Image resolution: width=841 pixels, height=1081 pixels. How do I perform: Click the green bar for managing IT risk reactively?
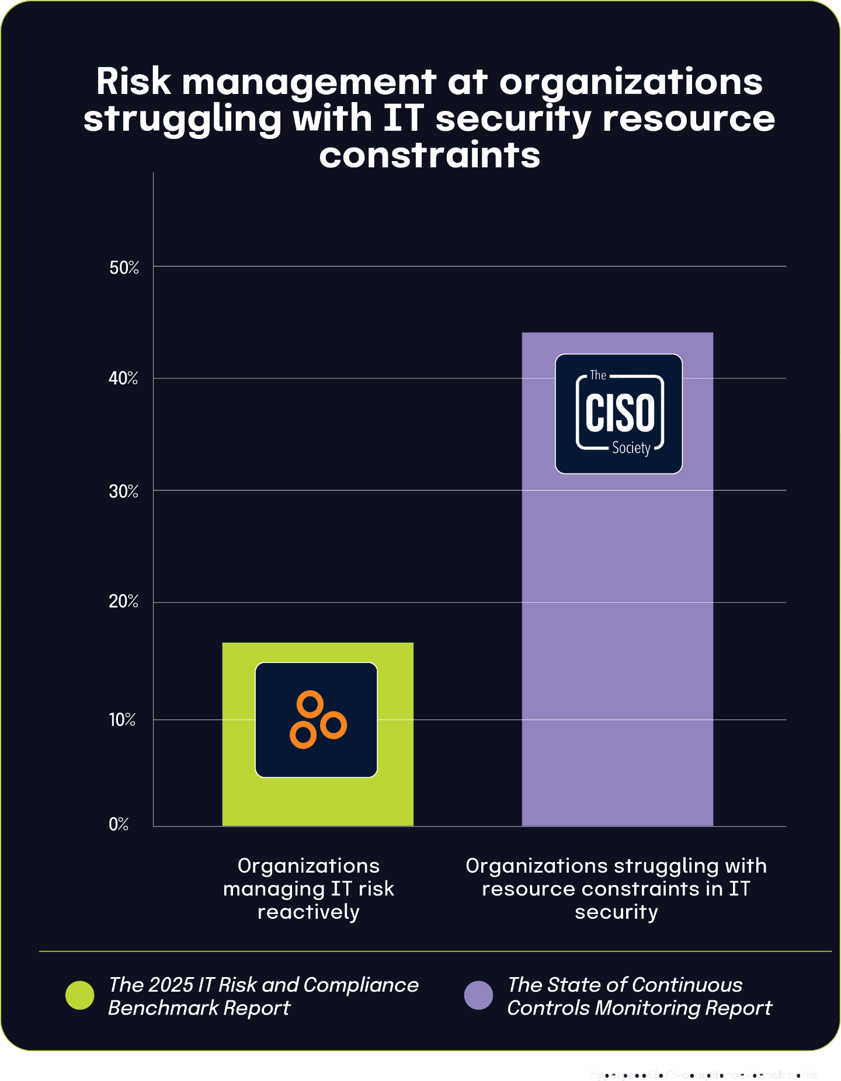[x=318, y=800]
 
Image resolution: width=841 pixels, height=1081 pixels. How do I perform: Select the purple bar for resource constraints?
[x=617, y=642]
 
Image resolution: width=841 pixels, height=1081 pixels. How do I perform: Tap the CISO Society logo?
[x=618, y=413]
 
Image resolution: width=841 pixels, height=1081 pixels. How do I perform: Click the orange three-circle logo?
[x=317, y=720]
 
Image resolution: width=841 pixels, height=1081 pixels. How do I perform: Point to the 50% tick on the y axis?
[x=124, y=268]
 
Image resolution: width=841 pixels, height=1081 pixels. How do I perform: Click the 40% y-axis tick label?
[x=123, y=379]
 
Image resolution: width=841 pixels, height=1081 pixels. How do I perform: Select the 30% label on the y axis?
[x=123, y=491]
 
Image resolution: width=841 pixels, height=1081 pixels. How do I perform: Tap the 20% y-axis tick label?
[x=123, y=602]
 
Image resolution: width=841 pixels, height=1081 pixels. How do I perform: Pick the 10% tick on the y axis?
[x=122, y=720]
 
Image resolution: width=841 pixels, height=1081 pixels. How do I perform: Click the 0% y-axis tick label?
[x=119, y=824]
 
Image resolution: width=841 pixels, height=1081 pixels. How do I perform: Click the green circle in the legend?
[x=80, y=995]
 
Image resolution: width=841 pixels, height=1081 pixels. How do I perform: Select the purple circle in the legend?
[x=478, y=995]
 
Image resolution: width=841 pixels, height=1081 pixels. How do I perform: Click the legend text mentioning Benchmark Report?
[x=263, y=996]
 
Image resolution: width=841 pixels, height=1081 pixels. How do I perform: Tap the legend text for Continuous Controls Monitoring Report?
[x=639, y=996]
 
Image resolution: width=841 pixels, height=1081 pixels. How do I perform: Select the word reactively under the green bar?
[x=308, y=912]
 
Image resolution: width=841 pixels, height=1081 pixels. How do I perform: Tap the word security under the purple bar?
[x=616, y=912]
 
